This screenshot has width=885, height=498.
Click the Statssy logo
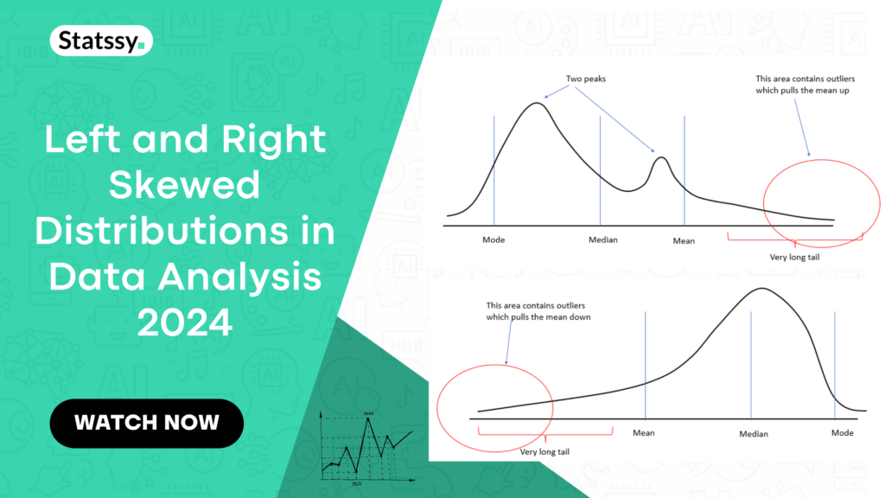(102, 41)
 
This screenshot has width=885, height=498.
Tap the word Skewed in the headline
(186, 185)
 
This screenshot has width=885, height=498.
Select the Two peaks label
(585, 78)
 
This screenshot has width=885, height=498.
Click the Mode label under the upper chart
(493, 239)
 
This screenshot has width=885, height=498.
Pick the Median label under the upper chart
(602, 239)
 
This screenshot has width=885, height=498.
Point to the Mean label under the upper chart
(684, 241)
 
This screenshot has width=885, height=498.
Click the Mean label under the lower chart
(644, 433)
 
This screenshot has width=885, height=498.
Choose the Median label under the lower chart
(754, 434)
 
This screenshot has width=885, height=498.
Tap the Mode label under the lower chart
(842, 433)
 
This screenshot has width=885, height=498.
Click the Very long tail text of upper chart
(793, 257)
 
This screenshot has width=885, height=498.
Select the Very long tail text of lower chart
(544, 451)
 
